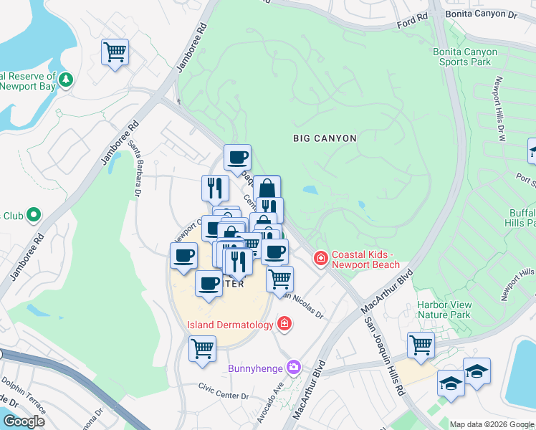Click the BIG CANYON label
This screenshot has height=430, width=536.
[325, 138]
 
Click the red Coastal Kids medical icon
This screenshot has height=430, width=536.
[321, 257]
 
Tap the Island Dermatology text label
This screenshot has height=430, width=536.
[230, 325]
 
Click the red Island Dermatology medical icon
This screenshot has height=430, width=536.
[284, 325]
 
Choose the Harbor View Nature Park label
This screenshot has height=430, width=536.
[444, 310]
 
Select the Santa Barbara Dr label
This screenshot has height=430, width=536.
[134, 168]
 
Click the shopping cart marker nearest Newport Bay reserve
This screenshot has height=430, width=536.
[115, 52]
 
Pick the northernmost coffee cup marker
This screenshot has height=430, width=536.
[237, 157]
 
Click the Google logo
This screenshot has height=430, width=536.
[24, 421]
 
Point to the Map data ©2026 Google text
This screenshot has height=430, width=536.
[492, 424]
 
